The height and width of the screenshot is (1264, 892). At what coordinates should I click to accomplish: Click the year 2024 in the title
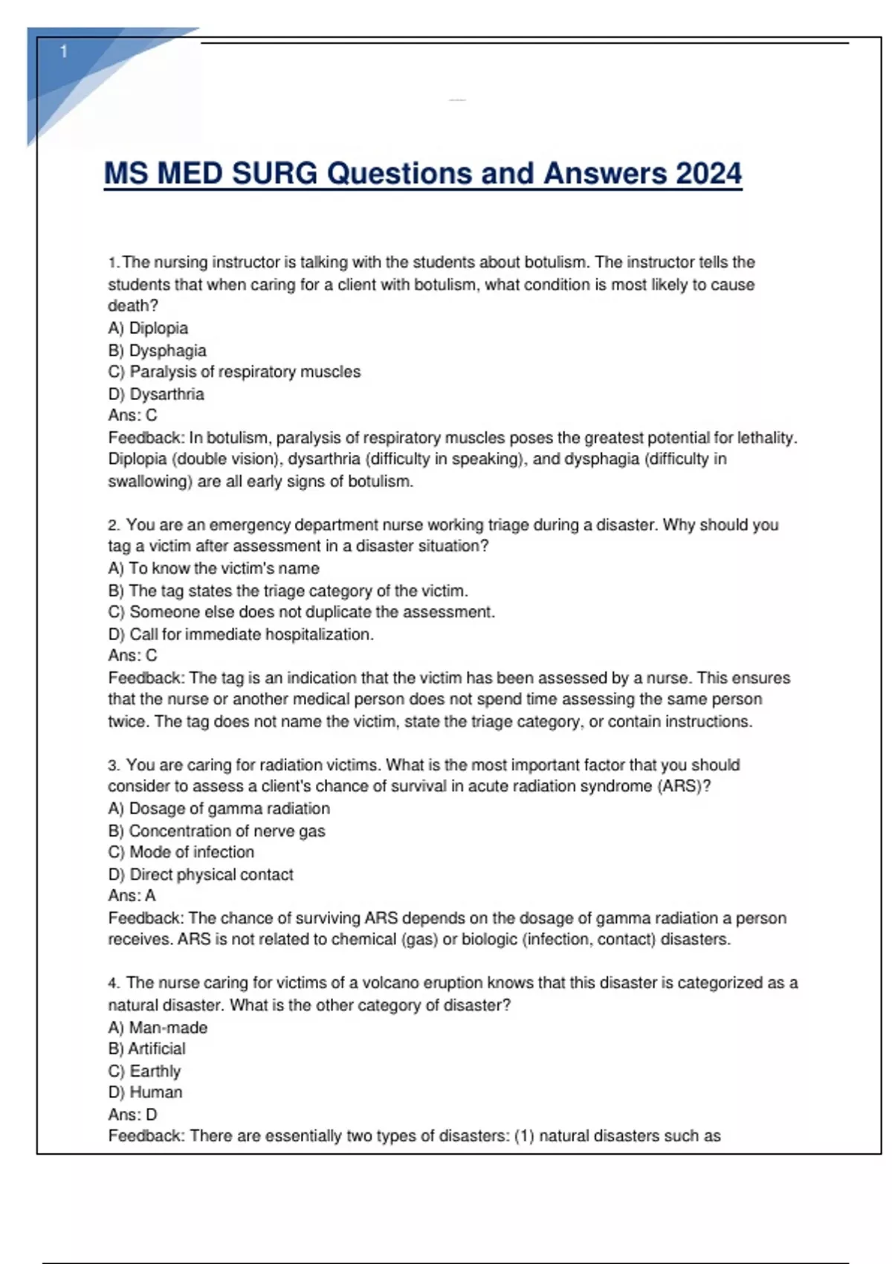tap(708, 173)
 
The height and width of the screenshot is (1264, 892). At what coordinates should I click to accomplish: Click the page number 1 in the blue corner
tap(64, 51)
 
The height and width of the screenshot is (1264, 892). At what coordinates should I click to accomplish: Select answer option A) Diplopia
tap(148, 328)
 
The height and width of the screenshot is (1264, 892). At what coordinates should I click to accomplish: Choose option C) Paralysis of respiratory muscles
tap(234, 372)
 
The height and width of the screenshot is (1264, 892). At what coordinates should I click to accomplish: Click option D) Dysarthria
tap(155, 394)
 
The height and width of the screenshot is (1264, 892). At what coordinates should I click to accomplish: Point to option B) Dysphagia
tap(157, 350)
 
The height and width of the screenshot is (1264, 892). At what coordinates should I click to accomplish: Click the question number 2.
tap(113, 525)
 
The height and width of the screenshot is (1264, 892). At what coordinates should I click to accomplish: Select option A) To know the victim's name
tap(213, 568)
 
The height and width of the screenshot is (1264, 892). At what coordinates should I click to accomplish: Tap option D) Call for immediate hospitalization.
tap(241, 634)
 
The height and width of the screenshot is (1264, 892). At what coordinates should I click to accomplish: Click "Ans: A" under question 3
tap(132, 895)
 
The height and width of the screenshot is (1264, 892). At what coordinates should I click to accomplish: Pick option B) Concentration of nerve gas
tap(216, 831)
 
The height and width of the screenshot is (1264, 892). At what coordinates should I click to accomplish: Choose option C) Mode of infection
tap(181, 852)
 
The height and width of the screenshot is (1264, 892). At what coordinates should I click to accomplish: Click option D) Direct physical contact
tap(201, 874)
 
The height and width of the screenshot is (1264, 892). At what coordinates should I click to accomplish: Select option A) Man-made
tap(158, 1028)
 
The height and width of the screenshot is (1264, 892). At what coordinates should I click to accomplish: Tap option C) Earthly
tap(144, 1071)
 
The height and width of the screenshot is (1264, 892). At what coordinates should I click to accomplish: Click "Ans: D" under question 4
tap(132, 1114)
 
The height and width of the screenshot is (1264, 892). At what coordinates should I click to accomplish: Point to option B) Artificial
tap(146, 1048)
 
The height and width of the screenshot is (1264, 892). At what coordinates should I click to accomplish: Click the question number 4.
tap(113, 983)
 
